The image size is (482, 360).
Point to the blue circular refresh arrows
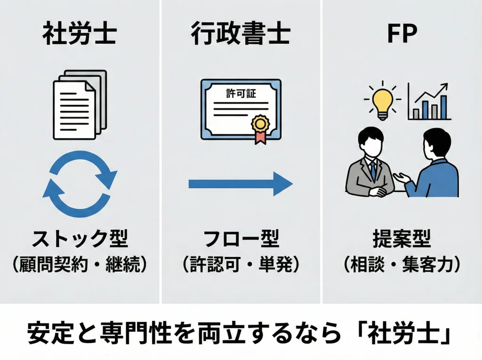(80, 184)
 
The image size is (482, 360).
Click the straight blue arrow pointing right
(241, 184)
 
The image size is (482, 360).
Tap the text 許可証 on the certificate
(241, 93)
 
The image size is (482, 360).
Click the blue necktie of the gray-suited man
(373, 170)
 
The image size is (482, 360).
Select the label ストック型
(79, 240)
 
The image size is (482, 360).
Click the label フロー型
(241, 240)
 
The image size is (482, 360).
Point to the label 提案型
(402, 240)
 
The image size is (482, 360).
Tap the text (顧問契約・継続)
(79, 265)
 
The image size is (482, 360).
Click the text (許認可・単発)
(241, 265)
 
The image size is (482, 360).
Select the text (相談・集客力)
(402, 265)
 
